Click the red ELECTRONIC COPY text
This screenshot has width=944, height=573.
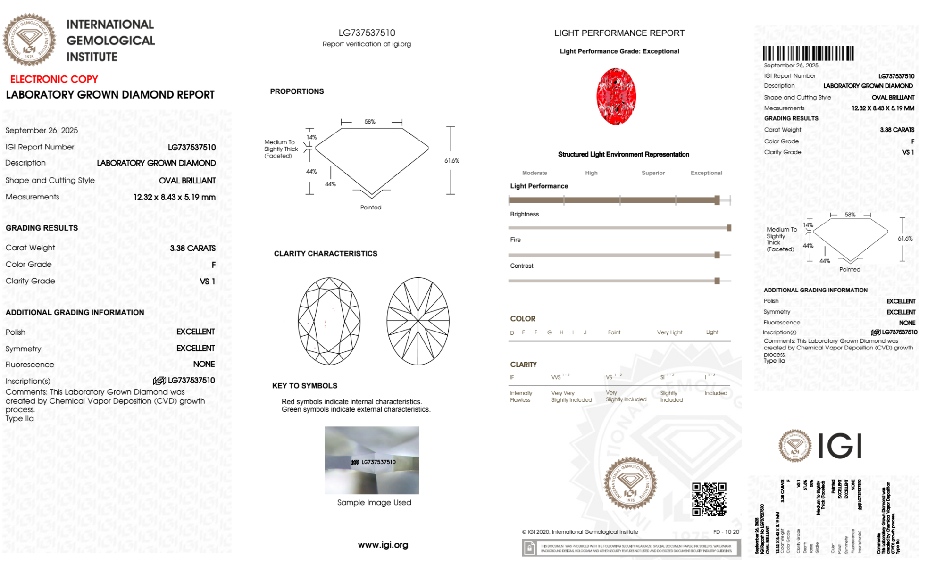pos(54,79)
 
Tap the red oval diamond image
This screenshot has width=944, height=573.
pos(616,96)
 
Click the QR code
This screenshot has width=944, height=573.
pos(709,499)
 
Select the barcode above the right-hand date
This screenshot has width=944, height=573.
pos(808,53)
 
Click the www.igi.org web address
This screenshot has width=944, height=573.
pos(383,545)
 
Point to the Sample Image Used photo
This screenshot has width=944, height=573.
pos(372,460)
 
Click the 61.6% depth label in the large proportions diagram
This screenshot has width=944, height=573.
pos(451,161)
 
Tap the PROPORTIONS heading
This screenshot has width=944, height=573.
pos(297,91)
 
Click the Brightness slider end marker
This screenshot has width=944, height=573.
pos(729,228)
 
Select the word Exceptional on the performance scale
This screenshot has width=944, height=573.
pos(706,173)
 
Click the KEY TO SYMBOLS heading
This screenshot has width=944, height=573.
pos(304,386)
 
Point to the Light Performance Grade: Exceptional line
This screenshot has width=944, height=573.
pos(619,51)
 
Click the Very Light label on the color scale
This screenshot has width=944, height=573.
pos(669,332)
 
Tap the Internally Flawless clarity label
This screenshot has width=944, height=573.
pos(521,397)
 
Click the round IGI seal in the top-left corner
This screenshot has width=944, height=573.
pos(29,40)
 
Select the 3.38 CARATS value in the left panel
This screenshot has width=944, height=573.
pos(192,248)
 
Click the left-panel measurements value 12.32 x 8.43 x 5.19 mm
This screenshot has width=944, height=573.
pos(174,197)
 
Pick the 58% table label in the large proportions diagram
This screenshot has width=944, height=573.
pos(370,122)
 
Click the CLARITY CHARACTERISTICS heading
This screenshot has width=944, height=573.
pos(326,254)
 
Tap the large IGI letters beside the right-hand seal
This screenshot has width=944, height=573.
pos(839,446)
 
